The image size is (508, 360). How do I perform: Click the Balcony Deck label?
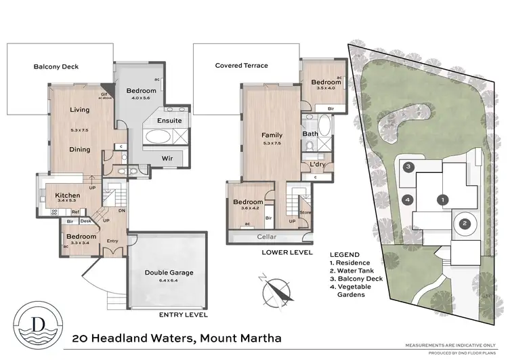coord(56,67)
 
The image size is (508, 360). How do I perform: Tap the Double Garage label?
coord(169,273)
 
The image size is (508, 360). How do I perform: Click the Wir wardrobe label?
coord(167,159)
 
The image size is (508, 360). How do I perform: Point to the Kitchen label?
coord(68,195)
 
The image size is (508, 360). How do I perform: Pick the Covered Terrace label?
coord(241,66)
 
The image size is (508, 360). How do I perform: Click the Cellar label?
coord(266,237)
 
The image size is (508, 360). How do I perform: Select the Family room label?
coord(272,135)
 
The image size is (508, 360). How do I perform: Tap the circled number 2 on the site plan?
coord(465,224)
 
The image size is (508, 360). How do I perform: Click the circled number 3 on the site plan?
coord(408,166)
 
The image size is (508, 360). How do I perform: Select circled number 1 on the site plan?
coord(442,199)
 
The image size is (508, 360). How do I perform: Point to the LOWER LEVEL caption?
coord(287,252)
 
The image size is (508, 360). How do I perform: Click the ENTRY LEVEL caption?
coord(182,315)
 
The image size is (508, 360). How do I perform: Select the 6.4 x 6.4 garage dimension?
coord(169,280)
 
